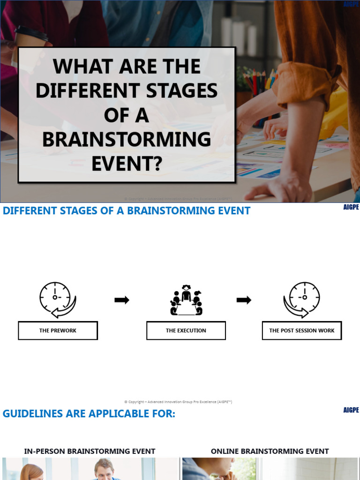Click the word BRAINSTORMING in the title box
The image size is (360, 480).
127,139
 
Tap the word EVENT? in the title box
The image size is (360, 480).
127,164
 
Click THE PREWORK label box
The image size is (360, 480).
58,330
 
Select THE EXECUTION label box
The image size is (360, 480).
186,330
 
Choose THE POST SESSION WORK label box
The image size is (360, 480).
302,330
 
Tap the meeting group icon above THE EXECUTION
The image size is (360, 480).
186,300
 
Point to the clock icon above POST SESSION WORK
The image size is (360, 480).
302,299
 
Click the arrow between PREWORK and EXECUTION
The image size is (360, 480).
122,300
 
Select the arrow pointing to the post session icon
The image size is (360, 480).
244,300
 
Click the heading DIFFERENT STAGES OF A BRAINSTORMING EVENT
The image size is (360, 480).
127,211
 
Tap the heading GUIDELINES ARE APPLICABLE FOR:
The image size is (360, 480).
89,414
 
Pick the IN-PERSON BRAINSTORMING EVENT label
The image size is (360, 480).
90,451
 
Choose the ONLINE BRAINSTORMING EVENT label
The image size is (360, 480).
270,451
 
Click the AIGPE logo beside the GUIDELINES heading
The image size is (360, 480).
351,410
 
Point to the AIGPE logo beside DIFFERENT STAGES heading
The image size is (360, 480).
351,207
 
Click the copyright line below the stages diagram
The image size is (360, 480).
178,402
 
